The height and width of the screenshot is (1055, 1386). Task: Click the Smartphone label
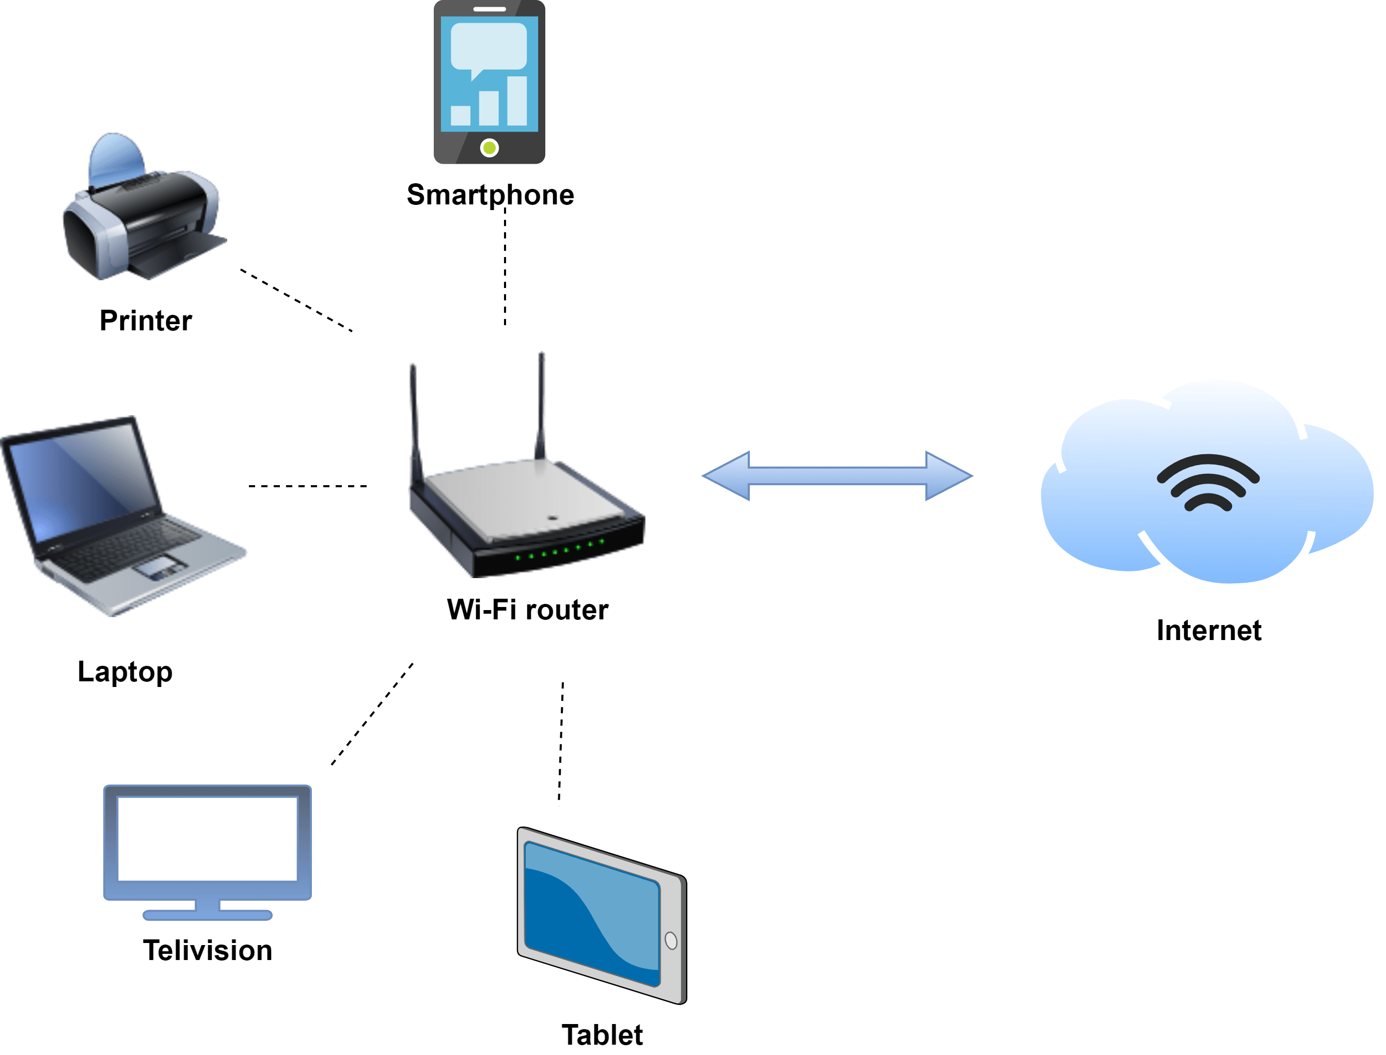(490, 195)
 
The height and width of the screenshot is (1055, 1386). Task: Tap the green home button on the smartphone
(490, 148)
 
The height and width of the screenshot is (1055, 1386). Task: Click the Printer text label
(145, 321)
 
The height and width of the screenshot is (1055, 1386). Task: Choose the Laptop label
(124, 672)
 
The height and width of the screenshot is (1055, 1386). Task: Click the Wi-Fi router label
(527, 610)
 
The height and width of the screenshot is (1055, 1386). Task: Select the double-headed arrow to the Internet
(837, 476)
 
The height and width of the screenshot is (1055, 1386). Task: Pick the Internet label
(1209, 631)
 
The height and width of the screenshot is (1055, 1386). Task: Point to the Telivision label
(208, 950)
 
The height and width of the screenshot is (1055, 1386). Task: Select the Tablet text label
(602, 1035)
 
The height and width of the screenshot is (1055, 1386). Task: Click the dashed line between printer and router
(296, 301)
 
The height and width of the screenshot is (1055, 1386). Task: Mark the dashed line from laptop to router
(308, 486)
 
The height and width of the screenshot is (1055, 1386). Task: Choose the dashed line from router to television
(372, 714)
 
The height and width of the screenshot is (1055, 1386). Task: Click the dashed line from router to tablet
(561, 744)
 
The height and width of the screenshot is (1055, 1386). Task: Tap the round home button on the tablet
(671, 941)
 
